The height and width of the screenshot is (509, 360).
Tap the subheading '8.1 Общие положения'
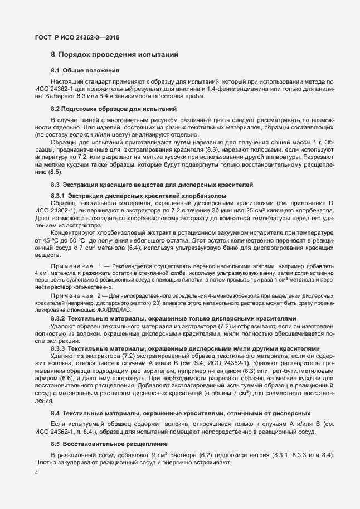pyautogui.click(x=85, y=71)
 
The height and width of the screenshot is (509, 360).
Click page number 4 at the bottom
pyautogui.click(x=36, y=473)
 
